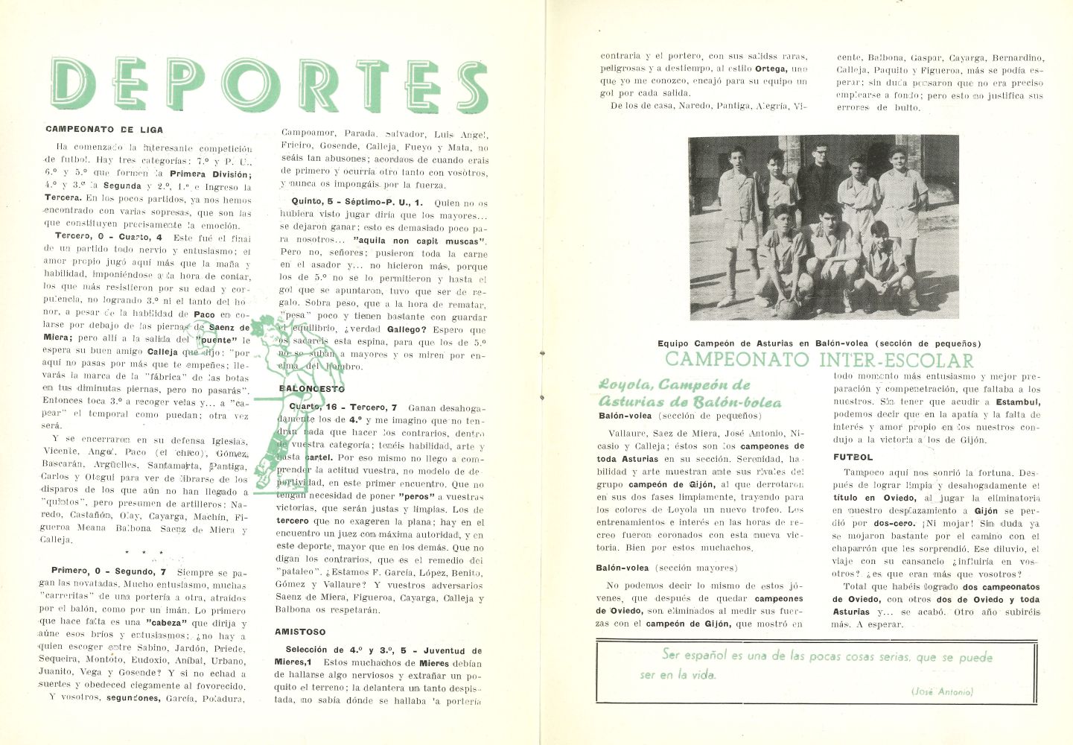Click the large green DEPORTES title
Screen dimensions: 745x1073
click(x=270, y=86)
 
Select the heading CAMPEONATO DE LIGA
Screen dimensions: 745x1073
click(x=104, y=130)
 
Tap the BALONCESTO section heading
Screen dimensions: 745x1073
click(x=312, y=389)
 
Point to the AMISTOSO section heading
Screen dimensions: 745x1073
click(x=300, y=632)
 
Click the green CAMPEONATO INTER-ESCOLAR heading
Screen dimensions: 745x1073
click(x=819, y=361)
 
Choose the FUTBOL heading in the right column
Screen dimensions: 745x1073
click(x=853, y=457)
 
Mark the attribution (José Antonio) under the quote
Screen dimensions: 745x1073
click(x=941, y=691)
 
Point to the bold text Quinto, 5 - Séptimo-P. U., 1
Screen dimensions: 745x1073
click(x=357, y=203)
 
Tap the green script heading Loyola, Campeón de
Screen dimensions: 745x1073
click(x=674, y=385)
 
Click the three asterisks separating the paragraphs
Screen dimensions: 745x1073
click(x=142, y=553)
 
